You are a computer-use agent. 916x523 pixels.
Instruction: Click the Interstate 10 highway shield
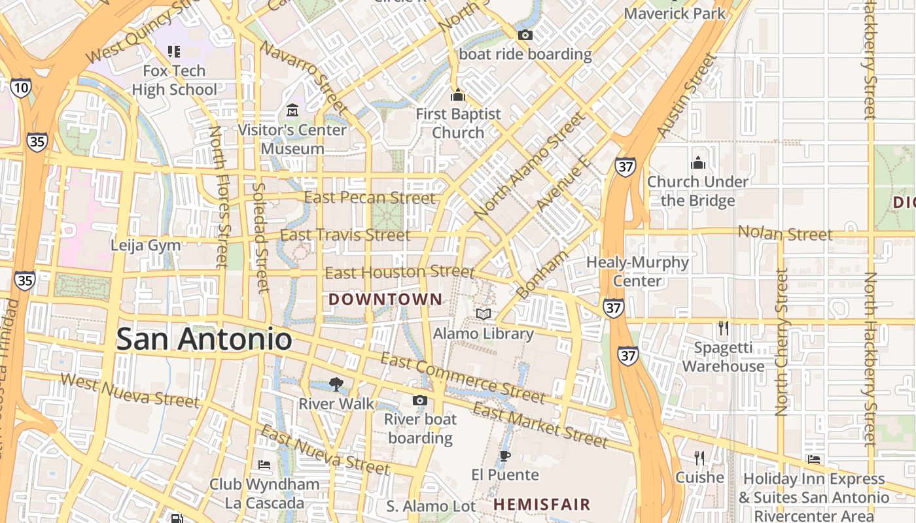tap(20, 88)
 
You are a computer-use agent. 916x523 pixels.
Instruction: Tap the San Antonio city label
tap(203, 339)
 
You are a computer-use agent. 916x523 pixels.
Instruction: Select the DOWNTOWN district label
tap(385, 299)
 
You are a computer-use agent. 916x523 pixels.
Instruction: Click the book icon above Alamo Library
tap(484, 314)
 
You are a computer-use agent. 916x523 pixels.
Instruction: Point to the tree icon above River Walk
tap(336, 384)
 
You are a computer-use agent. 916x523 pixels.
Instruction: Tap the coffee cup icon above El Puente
tap(504, 456)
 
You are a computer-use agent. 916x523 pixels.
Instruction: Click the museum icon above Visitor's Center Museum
tap(292, 110)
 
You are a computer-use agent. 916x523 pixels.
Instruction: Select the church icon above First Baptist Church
tap(458, 95)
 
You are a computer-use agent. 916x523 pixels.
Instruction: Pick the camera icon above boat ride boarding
tap(525, 35)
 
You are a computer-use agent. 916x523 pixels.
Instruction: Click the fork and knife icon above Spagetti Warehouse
tap(723, 328)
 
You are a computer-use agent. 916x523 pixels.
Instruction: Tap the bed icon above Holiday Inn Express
tap(814, 460)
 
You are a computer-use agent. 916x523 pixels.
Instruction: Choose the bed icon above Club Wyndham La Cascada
tap(264, 465)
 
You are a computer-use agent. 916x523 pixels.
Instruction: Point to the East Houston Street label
tap(399, 272)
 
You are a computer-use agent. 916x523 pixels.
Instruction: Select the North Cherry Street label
tap(781, 342)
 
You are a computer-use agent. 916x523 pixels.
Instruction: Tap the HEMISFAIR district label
tap(542, 505)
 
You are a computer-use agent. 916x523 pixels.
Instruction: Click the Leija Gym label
tap(145, 245)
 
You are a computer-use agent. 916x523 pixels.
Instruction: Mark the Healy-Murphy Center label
tap(637, 271)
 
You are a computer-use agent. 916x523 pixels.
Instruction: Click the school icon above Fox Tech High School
tap(174, 51)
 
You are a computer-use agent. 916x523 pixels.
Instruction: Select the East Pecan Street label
tap(370, 197)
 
